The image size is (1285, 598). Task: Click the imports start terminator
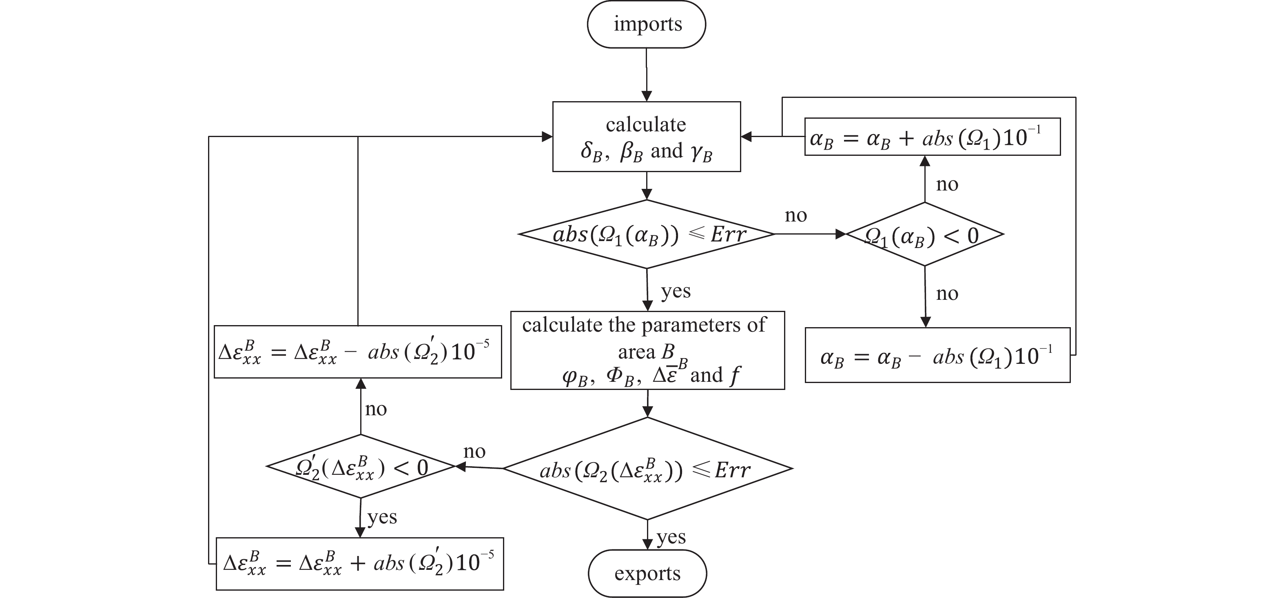(x=646, y=24)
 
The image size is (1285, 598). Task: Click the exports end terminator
(x=647, y=573)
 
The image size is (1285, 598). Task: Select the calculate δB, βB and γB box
(x=646, y=137)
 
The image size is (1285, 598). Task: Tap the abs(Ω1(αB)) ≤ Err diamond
(x=647, y=235)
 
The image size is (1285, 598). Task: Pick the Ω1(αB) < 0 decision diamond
(x=924, y=235)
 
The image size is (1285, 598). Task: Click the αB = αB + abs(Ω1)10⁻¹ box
(x=932, y=137)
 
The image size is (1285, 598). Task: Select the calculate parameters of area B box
(x=647, y=350)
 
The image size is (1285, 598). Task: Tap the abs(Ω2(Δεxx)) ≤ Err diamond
(x=647, y=469)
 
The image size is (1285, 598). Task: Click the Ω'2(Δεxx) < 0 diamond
(x=361, y=467)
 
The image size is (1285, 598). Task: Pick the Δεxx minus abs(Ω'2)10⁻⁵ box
(x=357, y=352)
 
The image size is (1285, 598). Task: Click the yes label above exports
(x=671, y=538)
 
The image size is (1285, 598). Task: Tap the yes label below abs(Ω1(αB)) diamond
(x=676, y=291)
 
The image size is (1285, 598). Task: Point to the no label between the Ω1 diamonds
(x=795, y=215)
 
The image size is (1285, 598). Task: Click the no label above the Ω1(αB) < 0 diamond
(x=947, y=184)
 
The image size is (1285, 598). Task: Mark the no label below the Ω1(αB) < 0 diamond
(x=947, y=294)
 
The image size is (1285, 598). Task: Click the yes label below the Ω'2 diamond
(x=382, y=517)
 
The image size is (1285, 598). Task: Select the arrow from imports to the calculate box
(x=647, y=75)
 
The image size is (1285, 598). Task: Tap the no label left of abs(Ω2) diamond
(x=474, y=452)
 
